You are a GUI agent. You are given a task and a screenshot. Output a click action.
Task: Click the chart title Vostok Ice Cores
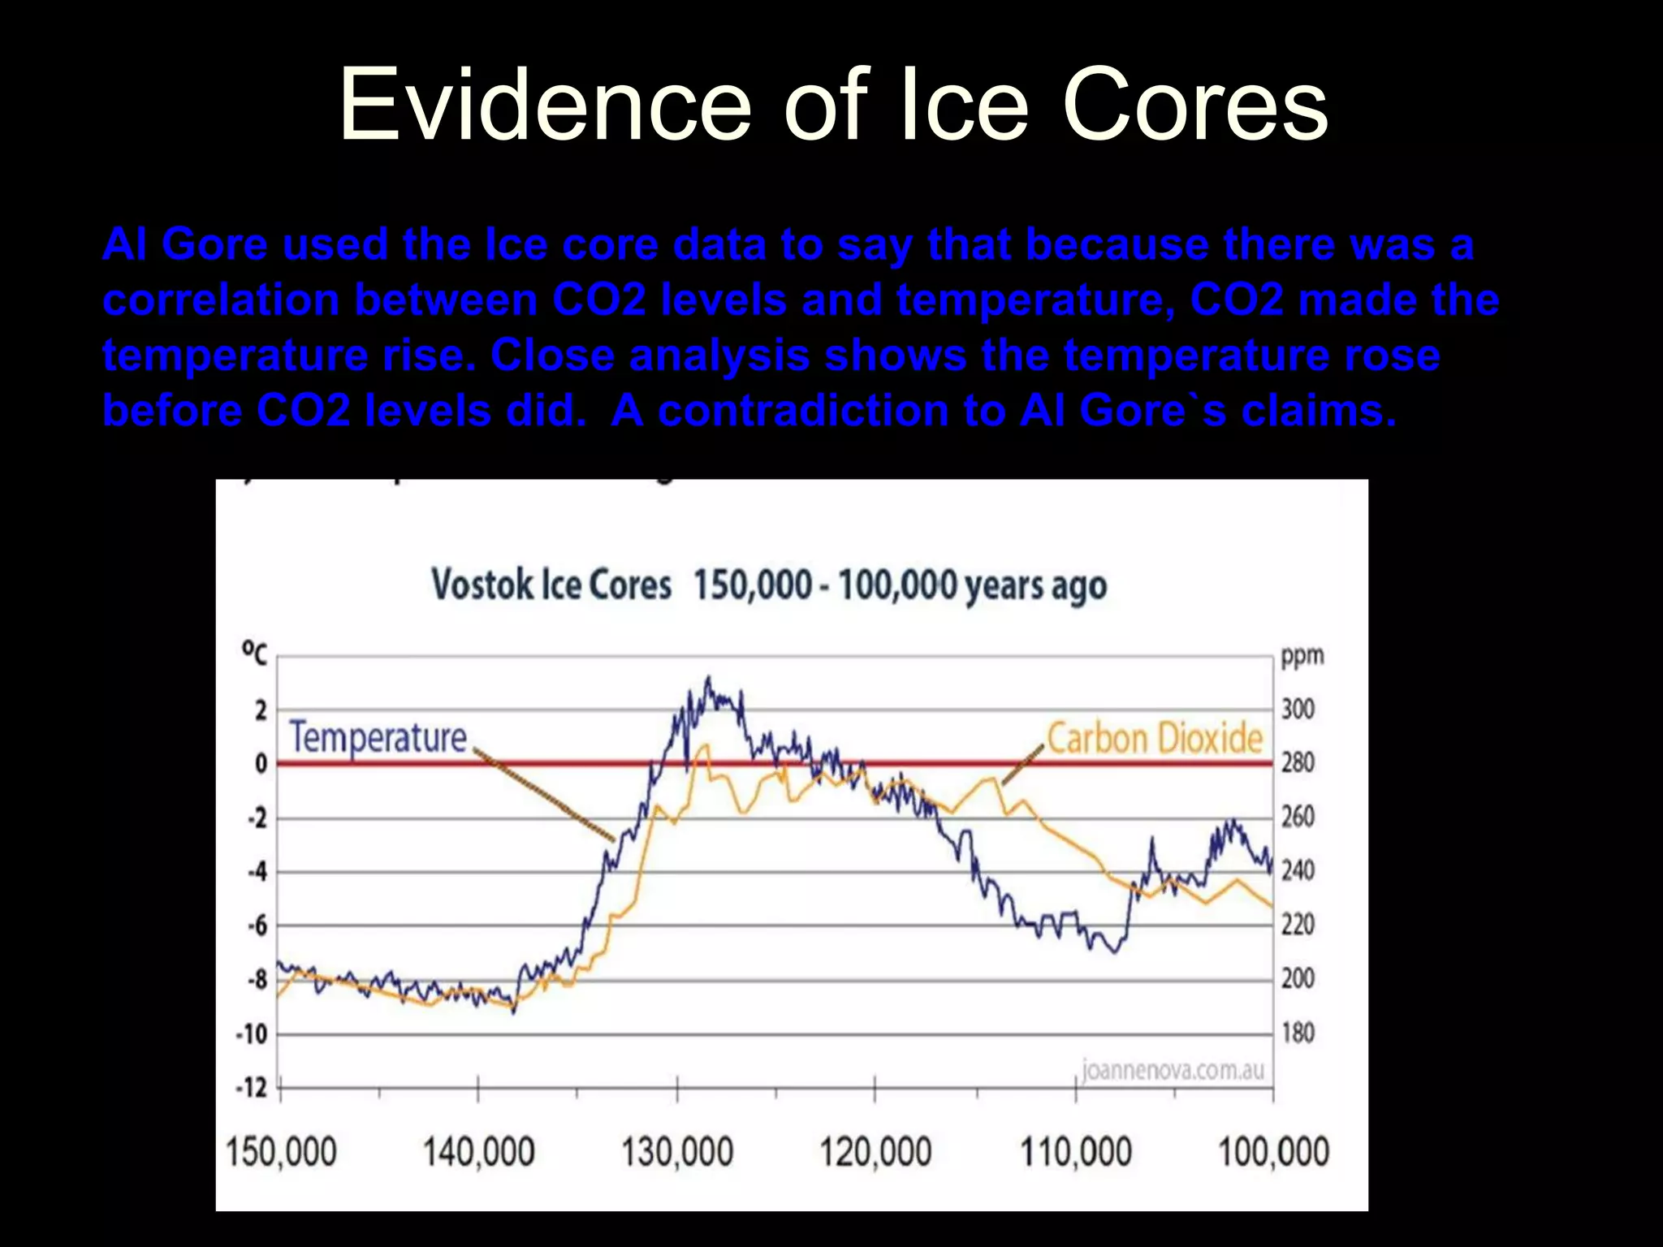click(551, 585)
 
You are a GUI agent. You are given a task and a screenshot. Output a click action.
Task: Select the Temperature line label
click(378, 737)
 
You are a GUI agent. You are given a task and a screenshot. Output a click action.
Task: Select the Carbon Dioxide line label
click(1154, 739)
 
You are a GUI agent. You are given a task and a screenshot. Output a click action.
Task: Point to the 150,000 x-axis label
click(280, 1152)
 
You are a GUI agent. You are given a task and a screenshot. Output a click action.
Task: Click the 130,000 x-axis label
click(676, 1152)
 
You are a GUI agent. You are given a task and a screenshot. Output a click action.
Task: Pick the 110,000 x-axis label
click(1074, 1152)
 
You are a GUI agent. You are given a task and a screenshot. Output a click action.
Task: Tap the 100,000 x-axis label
click(1273, 1152)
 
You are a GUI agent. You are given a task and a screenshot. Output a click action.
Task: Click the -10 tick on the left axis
click(252, 1034)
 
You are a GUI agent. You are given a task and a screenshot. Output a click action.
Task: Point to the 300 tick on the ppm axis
click(1298, 710)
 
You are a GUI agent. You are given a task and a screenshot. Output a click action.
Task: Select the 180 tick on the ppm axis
click(1298, 1033)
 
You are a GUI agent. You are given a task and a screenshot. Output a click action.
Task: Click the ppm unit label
click(1302, 656)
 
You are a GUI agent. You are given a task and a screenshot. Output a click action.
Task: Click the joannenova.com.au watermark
click(1173, 1070)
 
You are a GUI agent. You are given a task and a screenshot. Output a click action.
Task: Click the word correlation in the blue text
click(220, 300)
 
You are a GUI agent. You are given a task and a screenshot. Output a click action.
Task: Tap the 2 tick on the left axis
click(261, 711)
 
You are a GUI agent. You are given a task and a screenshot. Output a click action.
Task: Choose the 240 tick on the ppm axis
click(1298, 871)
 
